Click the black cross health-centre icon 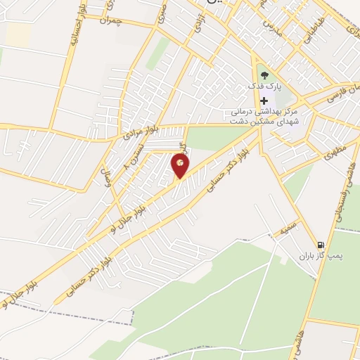coord(264,101)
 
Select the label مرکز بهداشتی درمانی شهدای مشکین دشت coord(265,117)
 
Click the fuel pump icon coord(321,242)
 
